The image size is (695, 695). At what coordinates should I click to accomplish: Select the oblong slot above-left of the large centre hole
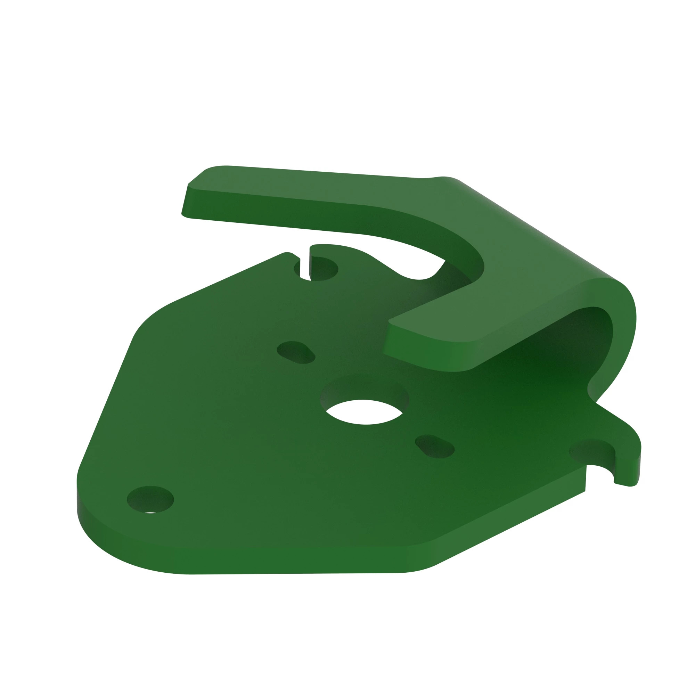pos(296,352)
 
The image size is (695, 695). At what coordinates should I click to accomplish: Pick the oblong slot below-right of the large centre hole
pos(435,447)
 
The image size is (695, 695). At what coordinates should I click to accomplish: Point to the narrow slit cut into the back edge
pos(305,264)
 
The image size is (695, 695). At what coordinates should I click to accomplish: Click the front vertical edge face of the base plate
pos(288,561)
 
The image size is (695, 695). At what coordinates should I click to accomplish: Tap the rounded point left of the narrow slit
pos(288,254)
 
